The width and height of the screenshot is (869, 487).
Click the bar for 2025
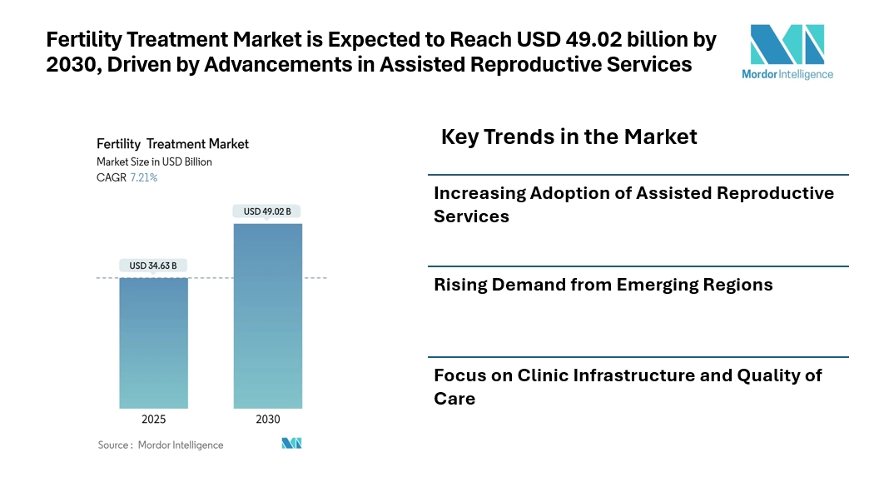click(x=153, y=341)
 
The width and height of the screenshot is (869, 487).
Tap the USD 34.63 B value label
click(x=153, y=266)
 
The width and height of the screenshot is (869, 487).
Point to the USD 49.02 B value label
click(x=267, y=211)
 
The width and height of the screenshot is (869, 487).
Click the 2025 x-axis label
click(x=153, y=419)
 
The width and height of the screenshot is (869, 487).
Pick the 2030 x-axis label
click(x=267, y=419)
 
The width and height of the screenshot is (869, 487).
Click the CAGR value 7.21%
click(x=143, y=177)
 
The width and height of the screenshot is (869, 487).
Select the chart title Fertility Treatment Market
click(x=172, y=144)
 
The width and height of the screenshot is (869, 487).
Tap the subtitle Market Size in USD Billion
click(x=154, y=162)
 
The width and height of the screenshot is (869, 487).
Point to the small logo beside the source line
click(x=291, y=443)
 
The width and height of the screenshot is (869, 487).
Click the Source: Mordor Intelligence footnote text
click(x=161, y=445)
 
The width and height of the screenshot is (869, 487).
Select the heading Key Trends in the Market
click(x=569, y=137)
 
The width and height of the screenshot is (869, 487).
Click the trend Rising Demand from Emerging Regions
click(x=603, y=285)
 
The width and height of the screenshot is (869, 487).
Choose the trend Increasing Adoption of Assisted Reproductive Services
click(x=633, y=204)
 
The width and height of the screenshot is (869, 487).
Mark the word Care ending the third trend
click(x=454, y=398)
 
